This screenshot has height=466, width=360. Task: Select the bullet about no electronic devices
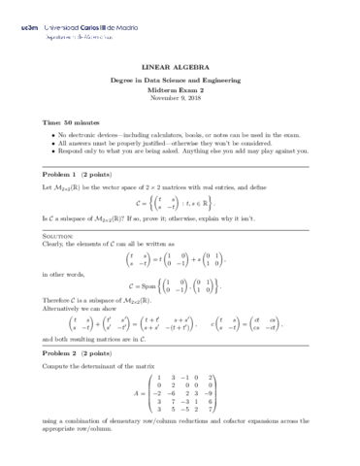pos(185,134)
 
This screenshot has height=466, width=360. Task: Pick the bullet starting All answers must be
pos(175,142)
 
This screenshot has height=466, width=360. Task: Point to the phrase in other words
pos(64,274)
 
